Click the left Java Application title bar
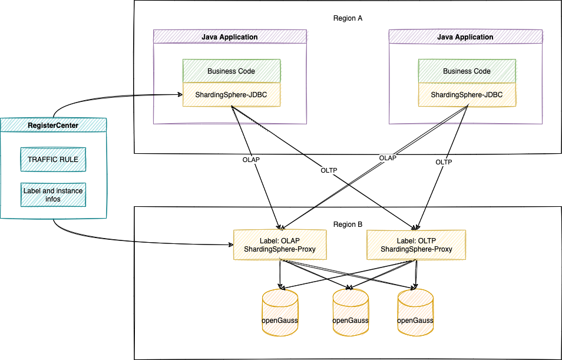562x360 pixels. point(230,37)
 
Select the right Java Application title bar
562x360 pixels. point(465,37)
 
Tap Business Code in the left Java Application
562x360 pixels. point(231,71)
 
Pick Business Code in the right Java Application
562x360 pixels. point(467,71)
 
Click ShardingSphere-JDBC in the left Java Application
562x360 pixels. point(231,95)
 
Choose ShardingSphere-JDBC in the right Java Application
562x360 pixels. point(467,95)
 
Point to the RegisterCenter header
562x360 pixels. point(53,125)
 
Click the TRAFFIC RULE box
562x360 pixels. point(53,159)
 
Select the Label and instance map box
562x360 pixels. point(53,195)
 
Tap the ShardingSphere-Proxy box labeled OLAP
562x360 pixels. point(280,245)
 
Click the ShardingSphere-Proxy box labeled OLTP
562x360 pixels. point(416,245)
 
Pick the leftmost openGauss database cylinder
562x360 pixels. point(280,312)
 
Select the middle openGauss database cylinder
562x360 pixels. point(351,312)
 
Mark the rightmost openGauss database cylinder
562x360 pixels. point(415,312)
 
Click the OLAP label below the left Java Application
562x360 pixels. point(251,160)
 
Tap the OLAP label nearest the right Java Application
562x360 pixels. point(388,158)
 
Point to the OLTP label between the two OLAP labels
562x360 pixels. point(329,170)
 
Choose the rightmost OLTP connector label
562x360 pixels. point(444,162)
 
